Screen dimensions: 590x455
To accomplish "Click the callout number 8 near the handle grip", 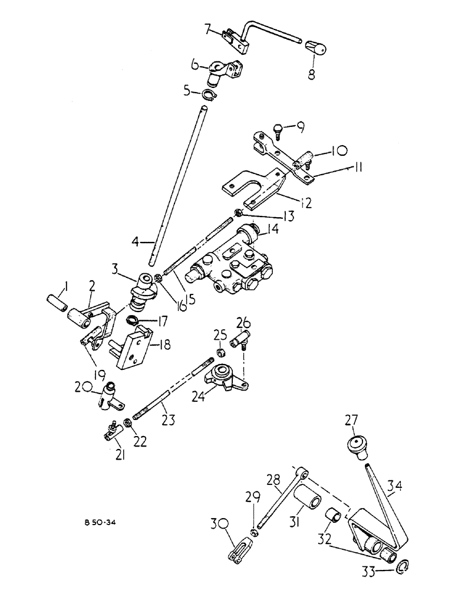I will pyautogui.click(x=311, y=74).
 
